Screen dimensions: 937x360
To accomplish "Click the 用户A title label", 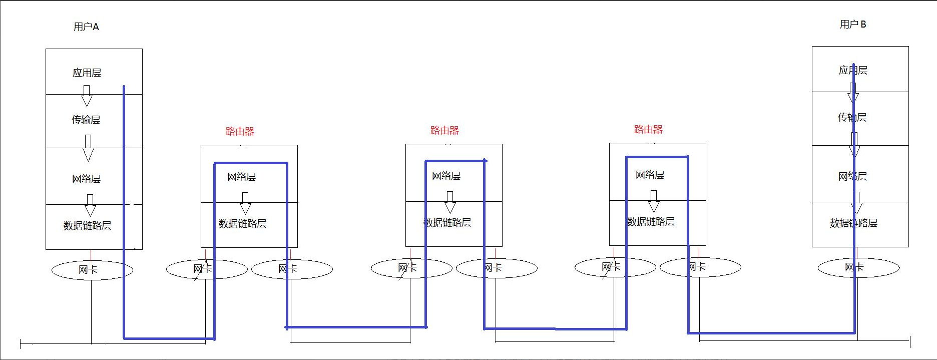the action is coord(86,27).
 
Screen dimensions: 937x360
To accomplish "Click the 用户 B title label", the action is coord(852,25).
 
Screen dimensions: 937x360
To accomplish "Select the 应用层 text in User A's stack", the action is coord(87,73).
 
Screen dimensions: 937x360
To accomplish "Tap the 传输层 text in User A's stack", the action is coord(86,120).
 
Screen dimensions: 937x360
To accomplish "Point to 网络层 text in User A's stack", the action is coord(86,179).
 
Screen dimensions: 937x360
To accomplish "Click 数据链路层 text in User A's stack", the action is coord(87,226).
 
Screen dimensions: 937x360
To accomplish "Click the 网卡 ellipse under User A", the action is coord(92,270).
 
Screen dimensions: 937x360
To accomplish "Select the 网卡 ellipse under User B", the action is coord(858,268).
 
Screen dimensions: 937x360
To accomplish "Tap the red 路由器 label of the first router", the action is coord(240,132).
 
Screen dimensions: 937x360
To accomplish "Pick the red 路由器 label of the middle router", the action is coord(444,131).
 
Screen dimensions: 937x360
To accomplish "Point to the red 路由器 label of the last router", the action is coord(648,130).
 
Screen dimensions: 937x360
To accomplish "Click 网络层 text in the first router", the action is coord(241,177).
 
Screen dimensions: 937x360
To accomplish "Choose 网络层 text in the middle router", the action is coord(446,176).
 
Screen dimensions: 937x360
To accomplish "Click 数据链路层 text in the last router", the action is coord(651,222).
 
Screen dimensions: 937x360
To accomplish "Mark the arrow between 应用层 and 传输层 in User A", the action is coord(87,96).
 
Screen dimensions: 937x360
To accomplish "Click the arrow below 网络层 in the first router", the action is coord(245,203).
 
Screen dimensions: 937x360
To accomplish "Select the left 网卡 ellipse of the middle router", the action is coord(411,268).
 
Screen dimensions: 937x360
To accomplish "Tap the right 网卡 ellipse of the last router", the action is coord(700,267).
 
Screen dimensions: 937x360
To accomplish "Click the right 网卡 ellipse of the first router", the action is coord(292,269).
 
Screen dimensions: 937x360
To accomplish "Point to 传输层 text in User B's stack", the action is coord(852,118).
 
